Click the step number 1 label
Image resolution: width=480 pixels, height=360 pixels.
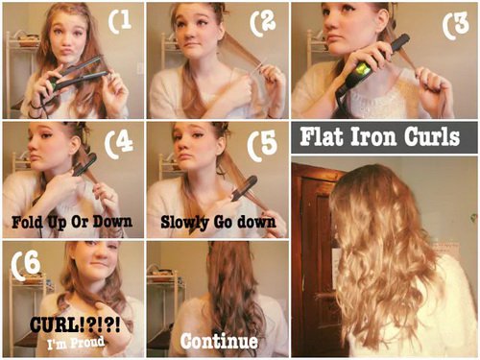point(120,20)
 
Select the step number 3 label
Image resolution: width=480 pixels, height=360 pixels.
point(456,25)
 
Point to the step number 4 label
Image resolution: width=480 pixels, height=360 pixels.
point(119,144)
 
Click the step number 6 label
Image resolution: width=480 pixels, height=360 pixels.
point(26,265)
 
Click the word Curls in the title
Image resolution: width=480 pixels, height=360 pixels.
point(432,136)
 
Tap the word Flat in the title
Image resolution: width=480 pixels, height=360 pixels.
point(323,136)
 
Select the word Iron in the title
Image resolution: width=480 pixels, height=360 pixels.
point(374,136)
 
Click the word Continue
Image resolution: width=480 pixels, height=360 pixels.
point(219,341)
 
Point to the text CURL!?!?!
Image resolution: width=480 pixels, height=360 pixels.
point(75,325)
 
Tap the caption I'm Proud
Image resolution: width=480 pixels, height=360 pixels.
point(76,343)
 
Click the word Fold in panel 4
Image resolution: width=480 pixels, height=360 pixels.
point(27,222)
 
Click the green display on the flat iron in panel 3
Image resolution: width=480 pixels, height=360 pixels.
point(362,70)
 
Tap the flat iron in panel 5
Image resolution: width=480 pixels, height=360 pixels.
point(244,188)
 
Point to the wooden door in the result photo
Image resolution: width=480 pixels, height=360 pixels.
point(314,256)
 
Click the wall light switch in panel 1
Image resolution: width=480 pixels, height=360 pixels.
point(140,68)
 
